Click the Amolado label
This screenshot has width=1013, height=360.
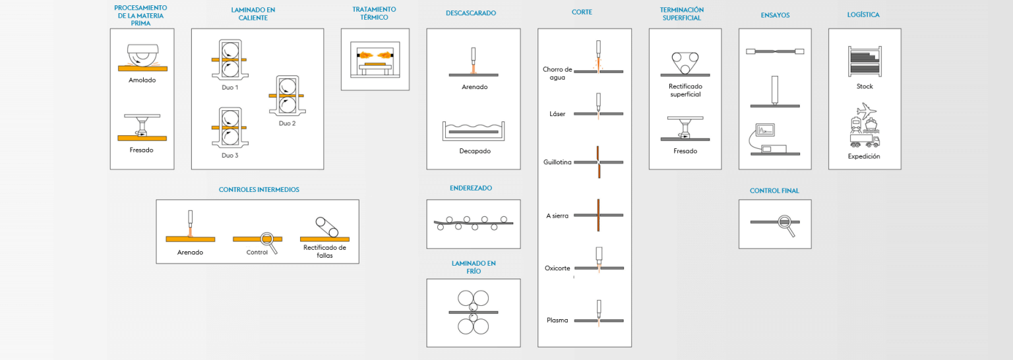142,80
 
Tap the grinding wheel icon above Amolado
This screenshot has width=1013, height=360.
142,57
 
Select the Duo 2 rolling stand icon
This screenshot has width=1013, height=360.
287,96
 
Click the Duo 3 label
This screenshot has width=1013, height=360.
230,156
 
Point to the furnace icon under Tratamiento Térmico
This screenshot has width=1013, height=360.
375,61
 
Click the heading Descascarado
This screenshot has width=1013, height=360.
470,13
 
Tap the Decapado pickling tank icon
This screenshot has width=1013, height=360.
474,131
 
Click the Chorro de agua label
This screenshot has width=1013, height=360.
557,73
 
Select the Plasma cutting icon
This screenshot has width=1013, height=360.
598,315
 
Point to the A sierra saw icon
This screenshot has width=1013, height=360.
598,215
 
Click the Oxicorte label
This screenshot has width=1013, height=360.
557,268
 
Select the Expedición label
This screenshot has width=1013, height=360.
864,157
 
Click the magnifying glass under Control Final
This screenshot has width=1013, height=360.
785,224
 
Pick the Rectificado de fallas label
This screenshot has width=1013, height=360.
324,251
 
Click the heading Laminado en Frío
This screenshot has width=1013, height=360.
473,267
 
